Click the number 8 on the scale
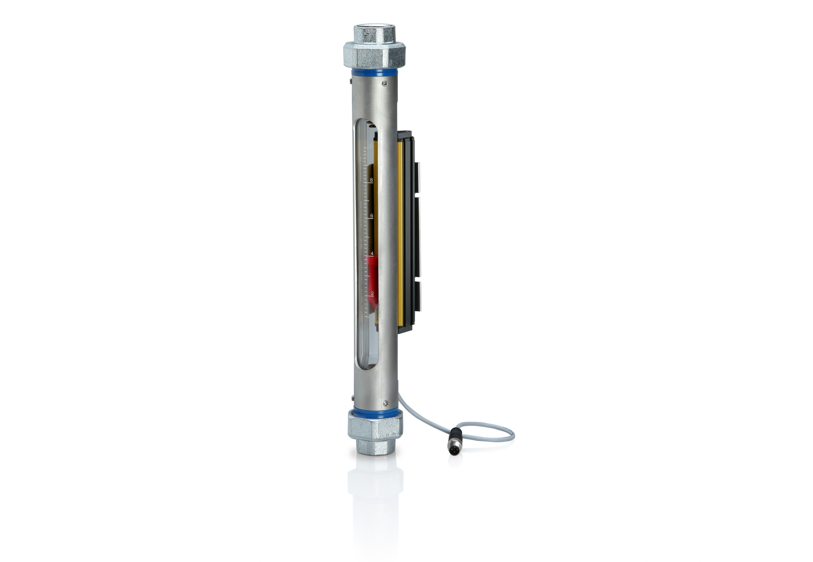[371, 180]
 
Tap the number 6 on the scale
[371, 215]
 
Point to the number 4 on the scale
[372, 253]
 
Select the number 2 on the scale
[372, 293]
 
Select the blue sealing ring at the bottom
[375, 411]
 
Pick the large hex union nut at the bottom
[375, 426]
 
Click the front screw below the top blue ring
[385, 83]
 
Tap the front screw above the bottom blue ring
[386, 403]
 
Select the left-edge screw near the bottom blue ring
[353, 399]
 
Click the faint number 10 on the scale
[370, 145]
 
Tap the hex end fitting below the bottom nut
[375, 447]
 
